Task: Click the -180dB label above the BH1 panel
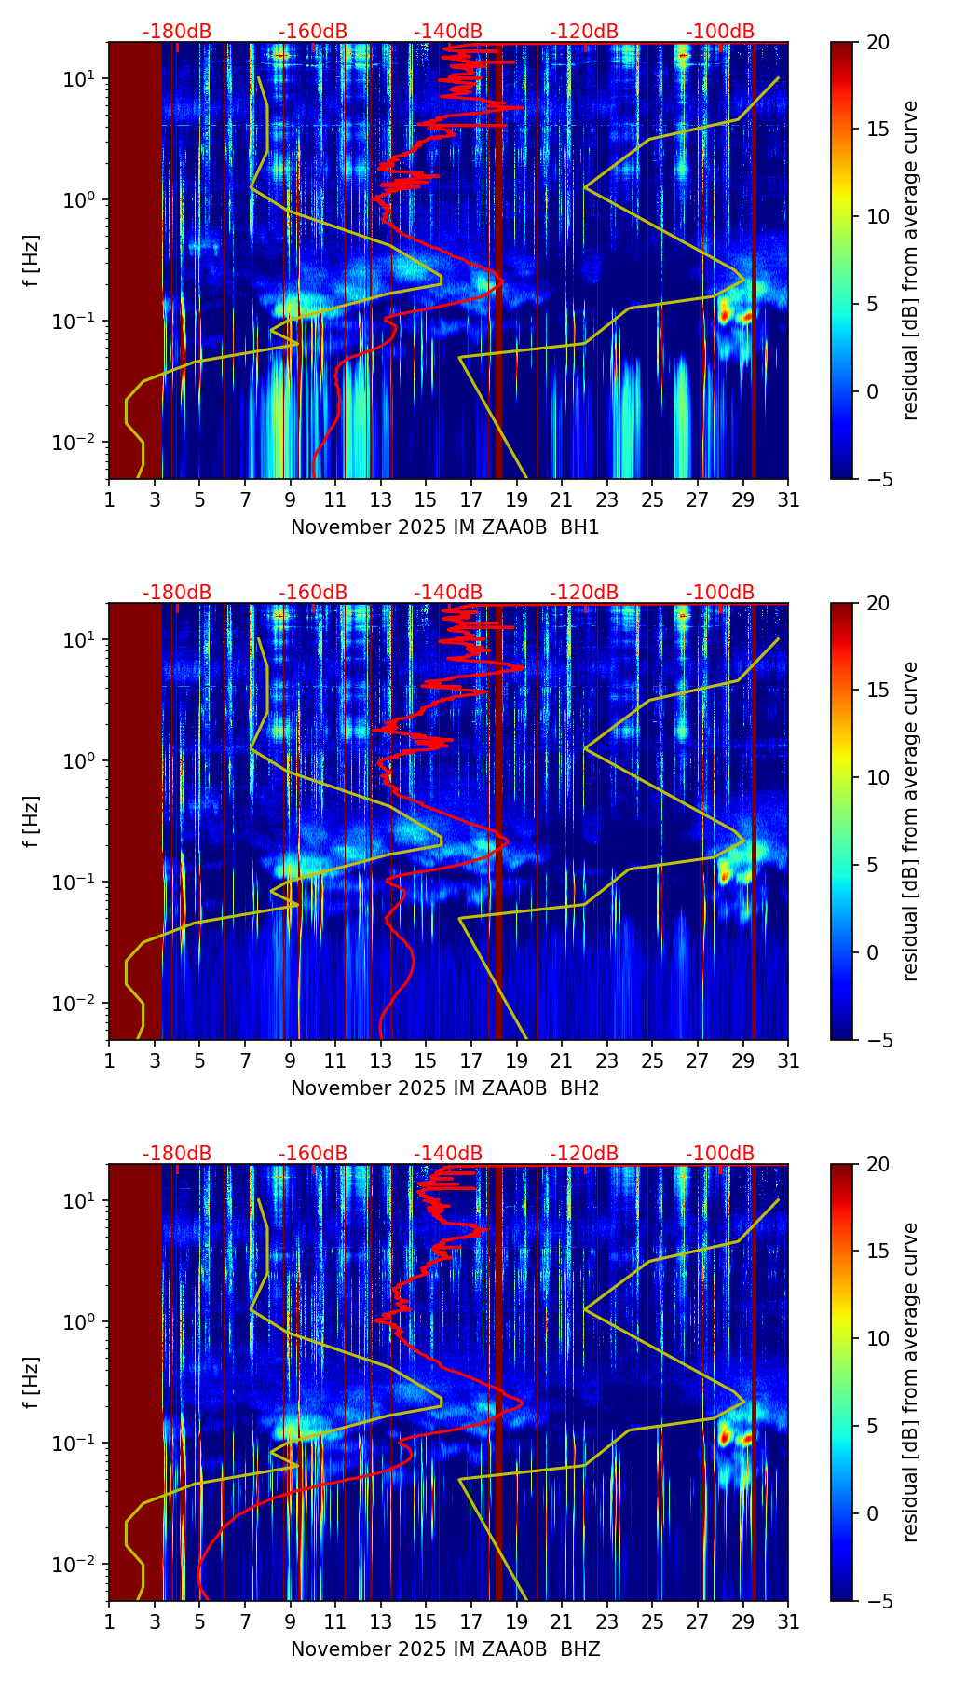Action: click(177, 32)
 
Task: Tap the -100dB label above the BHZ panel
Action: click(720, 1154)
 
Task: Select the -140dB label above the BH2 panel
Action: click(448, 593)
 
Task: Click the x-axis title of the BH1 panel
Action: click(444, 527)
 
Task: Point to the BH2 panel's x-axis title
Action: click(444, 1088)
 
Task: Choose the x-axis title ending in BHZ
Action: click(444, 1649)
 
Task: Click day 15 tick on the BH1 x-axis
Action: click(426, 500)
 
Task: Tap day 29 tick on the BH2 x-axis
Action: click(742, 1061)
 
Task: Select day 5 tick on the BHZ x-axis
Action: click(199, 1622)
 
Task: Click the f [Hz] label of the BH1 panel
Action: click(33, 261)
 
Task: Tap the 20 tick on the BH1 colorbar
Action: click(878, 43)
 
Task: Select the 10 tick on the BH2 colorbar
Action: click(878, 777)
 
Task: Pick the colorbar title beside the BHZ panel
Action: click(911, 1382)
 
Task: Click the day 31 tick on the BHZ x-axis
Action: click(788, 1622)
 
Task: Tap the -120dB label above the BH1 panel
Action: click(584, 32)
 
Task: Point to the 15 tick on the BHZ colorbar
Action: click(878, 1251)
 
